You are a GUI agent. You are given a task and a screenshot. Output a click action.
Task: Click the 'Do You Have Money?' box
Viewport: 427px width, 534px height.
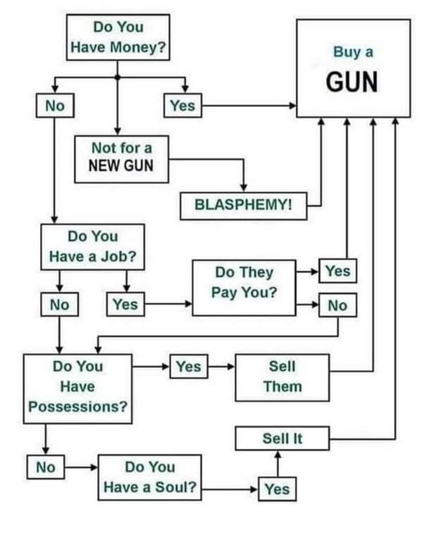[x=118, y=38]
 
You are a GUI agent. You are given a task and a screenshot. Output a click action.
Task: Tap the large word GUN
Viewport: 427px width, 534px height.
[x=352, y=82]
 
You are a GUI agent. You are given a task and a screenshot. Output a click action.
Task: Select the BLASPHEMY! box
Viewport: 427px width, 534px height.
[x=244, y=206]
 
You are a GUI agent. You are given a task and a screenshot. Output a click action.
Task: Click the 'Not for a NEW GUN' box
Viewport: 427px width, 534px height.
[x=122, y=159]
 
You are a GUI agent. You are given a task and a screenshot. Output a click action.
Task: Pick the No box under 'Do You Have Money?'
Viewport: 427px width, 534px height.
[x=55, y=106]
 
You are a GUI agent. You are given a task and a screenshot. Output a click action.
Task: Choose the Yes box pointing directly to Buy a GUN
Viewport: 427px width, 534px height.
[x=183, y=106]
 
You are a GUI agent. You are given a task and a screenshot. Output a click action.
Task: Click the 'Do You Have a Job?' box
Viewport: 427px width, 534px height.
[x=93, y=247]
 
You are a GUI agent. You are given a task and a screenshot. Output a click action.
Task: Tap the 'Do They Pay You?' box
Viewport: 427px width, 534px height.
[x=244, y=288]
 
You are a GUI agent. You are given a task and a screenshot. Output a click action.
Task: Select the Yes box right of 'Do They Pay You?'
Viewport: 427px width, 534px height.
[x=338, y=270]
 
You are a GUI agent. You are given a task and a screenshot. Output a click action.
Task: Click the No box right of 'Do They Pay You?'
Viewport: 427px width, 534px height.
[x=338, y=305]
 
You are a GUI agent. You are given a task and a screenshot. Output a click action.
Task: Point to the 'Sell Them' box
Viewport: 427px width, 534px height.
[x=282, y=377]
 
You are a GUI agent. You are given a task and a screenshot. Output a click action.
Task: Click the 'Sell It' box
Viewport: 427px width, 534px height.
[x=282, y=438]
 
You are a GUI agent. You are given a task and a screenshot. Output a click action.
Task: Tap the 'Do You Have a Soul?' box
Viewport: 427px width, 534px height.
[x=150, y=477]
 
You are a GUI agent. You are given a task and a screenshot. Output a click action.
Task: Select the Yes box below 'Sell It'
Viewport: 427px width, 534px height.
[x=277, y=489]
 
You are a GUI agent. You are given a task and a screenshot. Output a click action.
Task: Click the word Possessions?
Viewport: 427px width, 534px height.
[x=78, y=406]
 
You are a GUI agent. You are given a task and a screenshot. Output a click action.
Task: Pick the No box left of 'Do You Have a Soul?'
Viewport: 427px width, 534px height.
[x=46, y=467]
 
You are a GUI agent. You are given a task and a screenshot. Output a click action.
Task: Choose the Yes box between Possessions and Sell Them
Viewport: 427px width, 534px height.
[x=189, y=366]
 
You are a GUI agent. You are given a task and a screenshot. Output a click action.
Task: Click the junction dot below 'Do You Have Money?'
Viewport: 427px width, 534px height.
[x=118, y=78]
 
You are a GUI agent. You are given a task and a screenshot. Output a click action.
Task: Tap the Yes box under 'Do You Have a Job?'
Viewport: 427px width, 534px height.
[x=126, y=304]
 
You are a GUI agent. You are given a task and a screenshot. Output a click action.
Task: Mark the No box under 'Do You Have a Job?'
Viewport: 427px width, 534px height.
[x=59, y=304]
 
